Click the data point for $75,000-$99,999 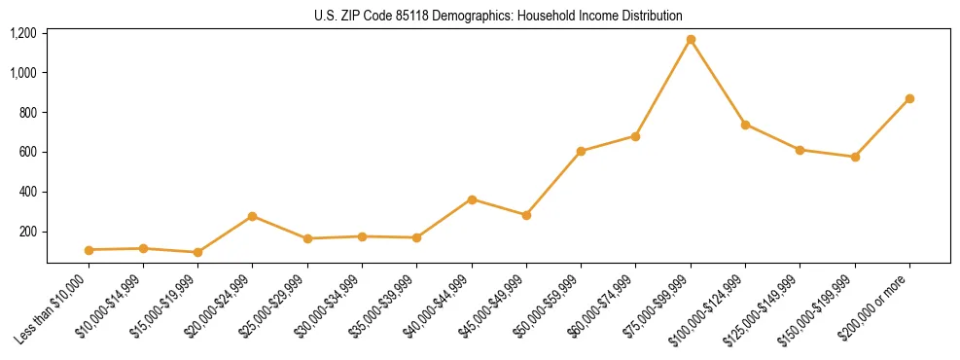coord(691,40)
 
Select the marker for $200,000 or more coord(909,98)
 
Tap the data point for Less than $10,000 coord(89,250)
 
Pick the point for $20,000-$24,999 coord(253,216)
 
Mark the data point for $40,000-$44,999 coord(472,199)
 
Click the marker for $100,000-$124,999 coord(745,125)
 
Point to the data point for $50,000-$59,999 coord(581,151)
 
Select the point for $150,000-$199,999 coord(855,157)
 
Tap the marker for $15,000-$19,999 coord(198,252)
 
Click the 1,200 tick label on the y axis coord(23,33)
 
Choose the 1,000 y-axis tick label coord(23,73)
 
